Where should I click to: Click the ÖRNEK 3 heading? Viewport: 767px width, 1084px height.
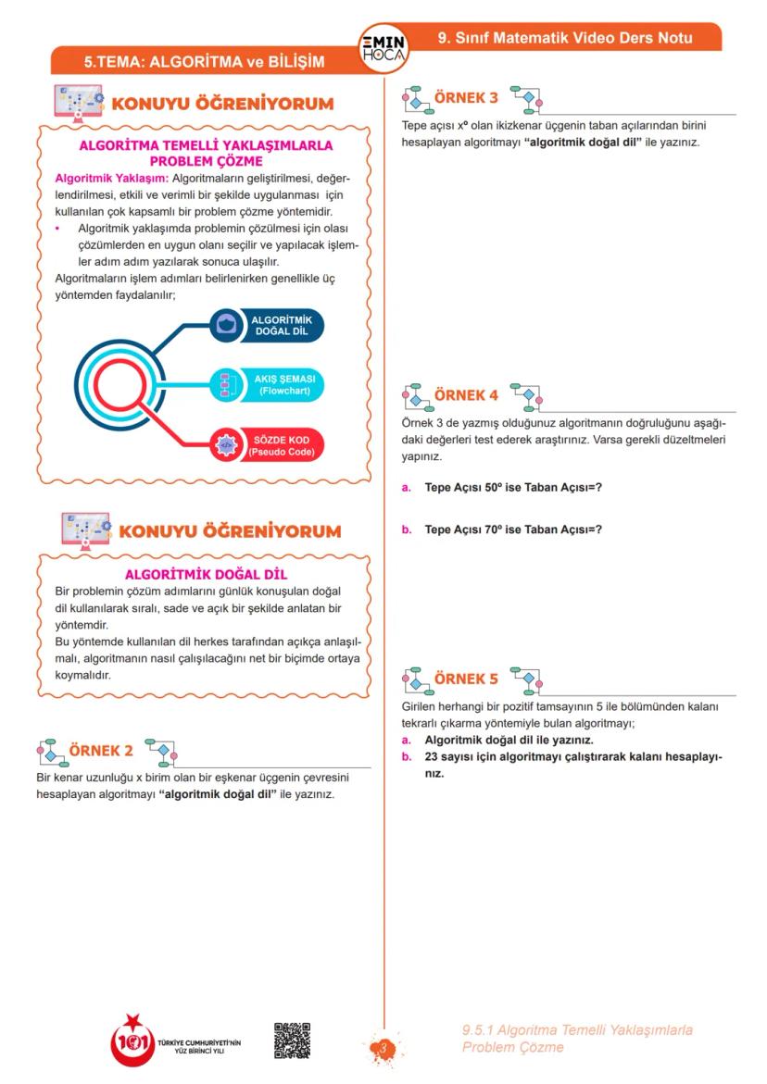[x=466, y=97]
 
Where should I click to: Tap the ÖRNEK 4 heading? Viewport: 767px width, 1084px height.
[x=466, y=395]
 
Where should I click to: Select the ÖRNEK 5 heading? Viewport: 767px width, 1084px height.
[x=466, y=679]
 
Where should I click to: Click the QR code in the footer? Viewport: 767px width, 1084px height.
[x=292, y=1040]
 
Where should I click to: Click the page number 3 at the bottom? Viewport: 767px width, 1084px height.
[x=382, y=1048]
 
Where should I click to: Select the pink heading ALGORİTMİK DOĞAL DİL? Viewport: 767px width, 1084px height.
[x=206, y=574]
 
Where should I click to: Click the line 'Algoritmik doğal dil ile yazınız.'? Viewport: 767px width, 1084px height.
[x=509, y=741]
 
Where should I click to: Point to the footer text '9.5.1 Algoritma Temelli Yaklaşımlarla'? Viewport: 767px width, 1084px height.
[x=577, y=1030]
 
